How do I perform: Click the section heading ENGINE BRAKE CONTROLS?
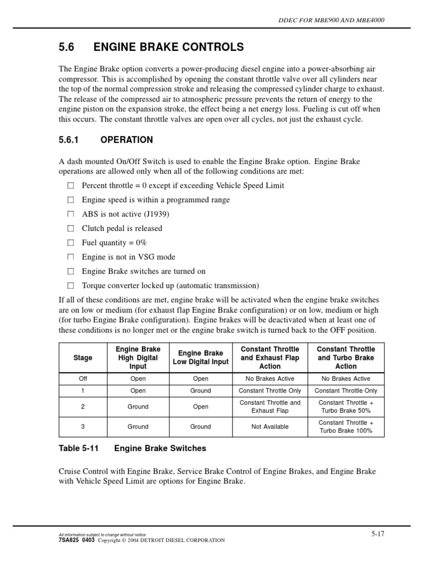[x=168, y=48]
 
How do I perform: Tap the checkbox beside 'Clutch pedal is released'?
[x=70, y=228]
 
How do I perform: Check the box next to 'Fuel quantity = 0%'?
[x=70, y=243]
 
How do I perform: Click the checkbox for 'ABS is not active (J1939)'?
[x=70, y=214]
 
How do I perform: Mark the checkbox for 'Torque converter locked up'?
[x=70, y=286]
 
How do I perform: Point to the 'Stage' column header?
[x=83, y=358]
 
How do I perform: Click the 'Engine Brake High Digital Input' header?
[x=138, y=358]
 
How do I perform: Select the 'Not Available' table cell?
[x=270, y=427]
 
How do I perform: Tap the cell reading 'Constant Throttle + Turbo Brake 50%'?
[x=346, y=407]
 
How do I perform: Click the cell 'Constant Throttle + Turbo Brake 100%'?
[x=346, y=427]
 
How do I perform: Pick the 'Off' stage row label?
[x=83, y=379]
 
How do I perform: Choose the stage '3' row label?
[x=83, y=427]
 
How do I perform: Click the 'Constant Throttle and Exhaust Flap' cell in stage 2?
[x=270, y=407]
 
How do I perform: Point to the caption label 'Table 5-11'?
[x=78, y=448]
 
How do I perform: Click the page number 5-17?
[x=378, y=533]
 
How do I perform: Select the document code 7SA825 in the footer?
[x=69, y=540]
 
